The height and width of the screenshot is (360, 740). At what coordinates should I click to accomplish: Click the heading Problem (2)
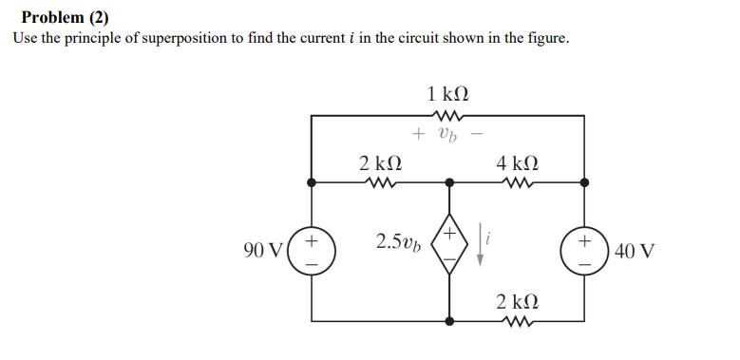click(x=65, y=16)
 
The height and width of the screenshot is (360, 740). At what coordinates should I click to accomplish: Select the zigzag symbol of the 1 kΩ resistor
click(x=447, y=116)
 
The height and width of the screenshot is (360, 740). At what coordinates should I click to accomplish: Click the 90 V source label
click(x=262, y=251)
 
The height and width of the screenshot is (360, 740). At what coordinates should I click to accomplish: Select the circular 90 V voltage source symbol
click(x=311, y=251)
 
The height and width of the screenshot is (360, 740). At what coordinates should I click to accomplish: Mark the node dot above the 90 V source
click(x=311, y=181)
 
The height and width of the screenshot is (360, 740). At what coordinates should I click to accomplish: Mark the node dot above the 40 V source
click(x=583, y=181)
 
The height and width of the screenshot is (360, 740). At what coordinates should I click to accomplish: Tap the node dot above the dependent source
click(x=447, y=181)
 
